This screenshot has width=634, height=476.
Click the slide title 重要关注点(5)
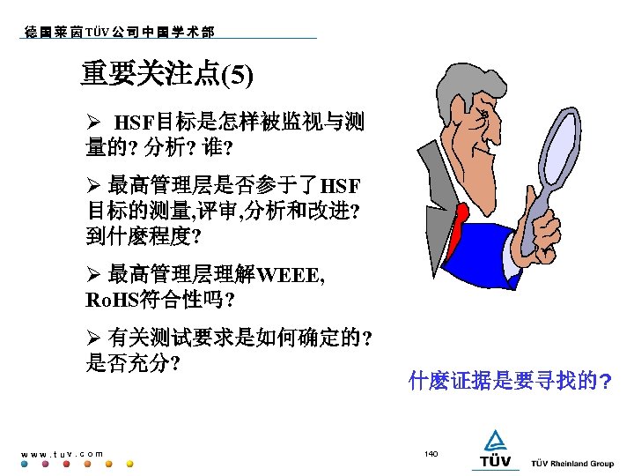point(166,74)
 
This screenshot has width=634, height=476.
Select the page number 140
point(431,453)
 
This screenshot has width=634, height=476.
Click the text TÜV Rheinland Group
point(572,464)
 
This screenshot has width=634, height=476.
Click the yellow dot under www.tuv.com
point(129,464)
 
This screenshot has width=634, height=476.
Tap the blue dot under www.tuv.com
point(25,464)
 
